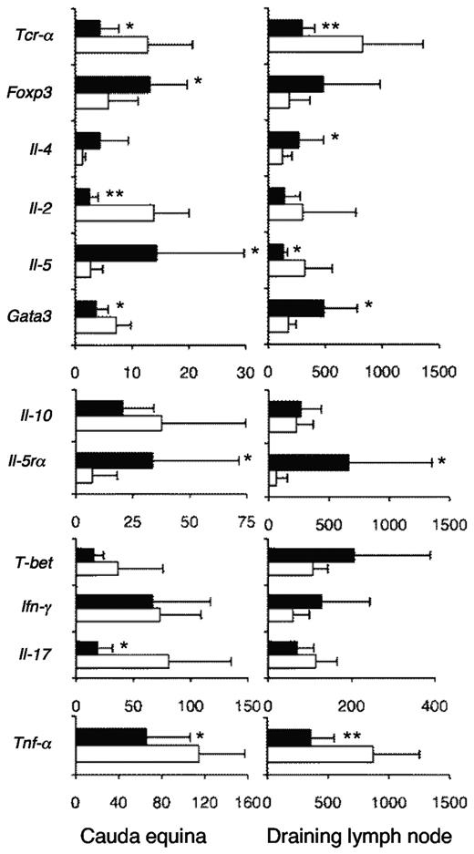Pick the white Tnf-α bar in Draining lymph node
point(321,754)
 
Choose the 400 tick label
point(432,705)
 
